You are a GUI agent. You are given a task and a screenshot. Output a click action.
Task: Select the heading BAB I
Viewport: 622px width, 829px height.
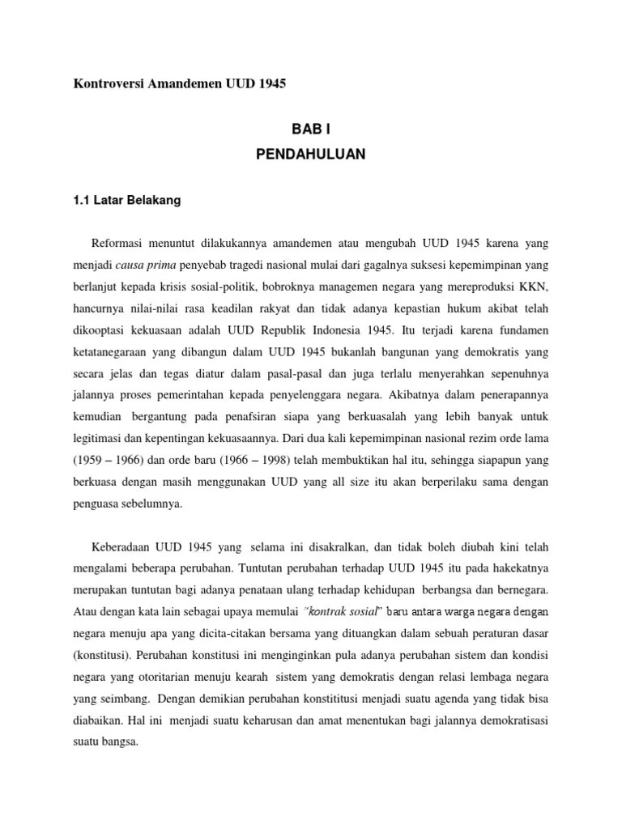click(311, 129)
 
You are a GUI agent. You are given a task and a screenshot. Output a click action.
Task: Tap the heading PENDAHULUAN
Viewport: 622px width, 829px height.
click(311, 155)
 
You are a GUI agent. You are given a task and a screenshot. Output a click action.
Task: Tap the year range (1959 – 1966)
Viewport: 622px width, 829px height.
click(106, 461)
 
